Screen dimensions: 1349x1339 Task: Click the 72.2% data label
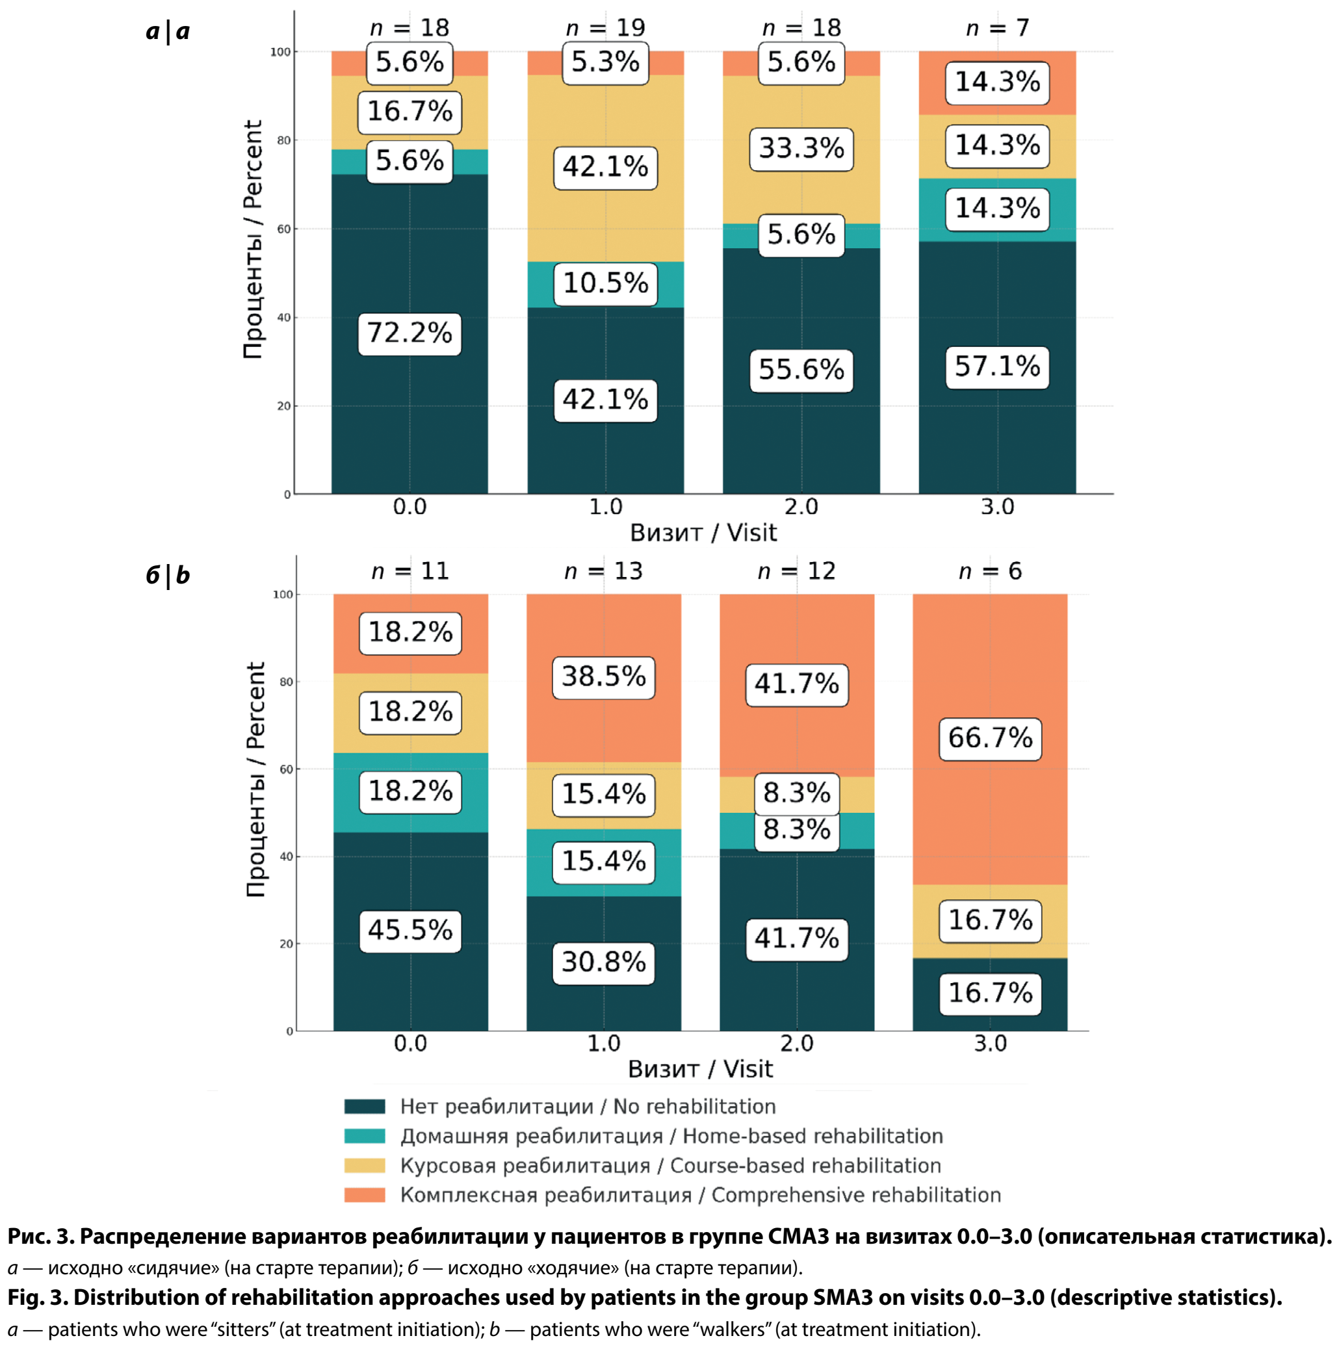(409, 334)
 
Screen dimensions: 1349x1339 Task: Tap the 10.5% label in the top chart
(605, 284)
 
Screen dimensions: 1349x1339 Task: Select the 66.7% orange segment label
(990, 739)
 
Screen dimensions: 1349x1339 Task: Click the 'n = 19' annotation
(605, 28)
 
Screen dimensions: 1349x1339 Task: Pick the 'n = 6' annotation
(990, 571)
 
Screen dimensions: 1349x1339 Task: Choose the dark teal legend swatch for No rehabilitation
(365, 1107)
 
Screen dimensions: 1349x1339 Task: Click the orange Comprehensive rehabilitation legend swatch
(365, 1195)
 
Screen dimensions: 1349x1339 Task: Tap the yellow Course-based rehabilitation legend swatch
(365, 1165)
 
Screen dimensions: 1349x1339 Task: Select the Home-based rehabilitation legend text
(671, 1136)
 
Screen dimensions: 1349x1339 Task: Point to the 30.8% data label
(603, 963)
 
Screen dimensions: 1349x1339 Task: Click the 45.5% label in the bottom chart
(410, 931)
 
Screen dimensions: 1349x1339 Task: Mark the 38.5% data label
(603, 677)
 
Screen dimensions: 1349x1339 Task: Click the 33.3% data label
(801, 149)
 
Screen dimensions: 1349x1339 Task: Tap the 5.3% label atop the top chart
(605, 63)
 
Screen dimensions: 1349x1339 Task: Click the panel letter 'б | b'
(168, 575)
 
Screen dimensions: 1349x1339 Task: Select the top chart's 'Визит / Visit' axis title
(703, 533)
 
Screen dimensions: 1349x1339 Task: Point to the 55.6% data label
(801, 370)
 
